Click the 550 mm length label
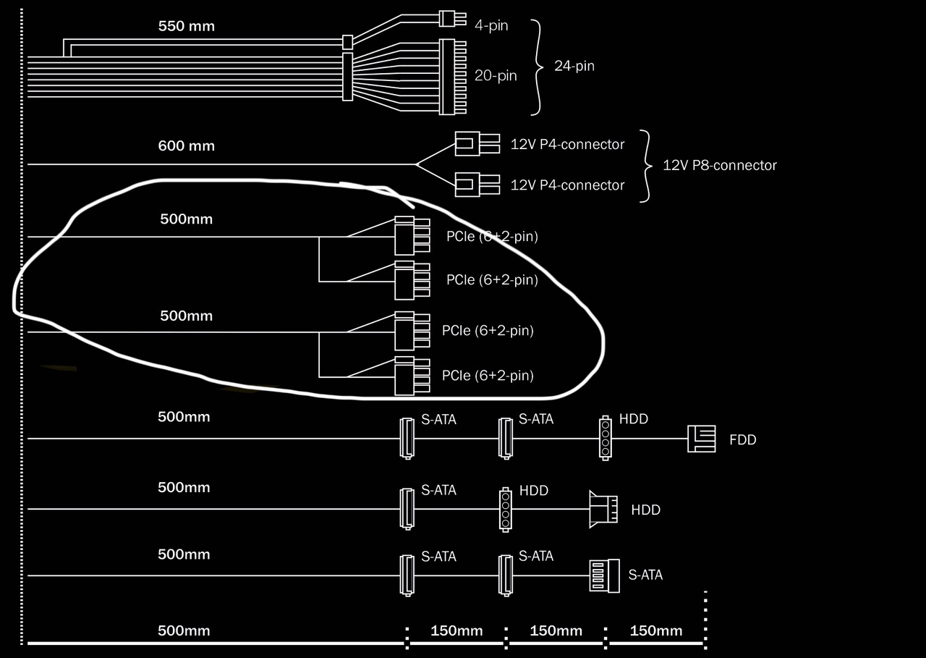(x=187, y=26)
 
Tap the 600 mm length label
(x=187, y=145)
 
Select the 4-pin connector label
(x=491, y=25)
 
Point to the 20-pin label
(x=496, y=76)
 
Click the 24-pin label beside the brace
(x=574, y=66)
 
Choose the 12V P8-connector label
(x=720, y=166)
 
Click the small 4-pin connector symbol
(x=453, y=19)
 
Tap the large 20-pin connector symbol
(x=453, y=77)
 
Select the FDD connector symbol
(x=702, y=439)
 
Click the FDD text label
(x=743, y=439)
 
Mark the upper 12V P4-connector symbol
(x=477, y=144)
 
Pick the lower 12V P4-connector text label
(x=567, y=185)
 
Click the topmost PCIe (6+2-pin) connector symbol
(x=412, y=236)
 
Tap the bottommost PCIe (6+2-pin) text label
(x=488, y=376)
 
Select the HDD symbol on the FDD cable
(x=606, y=438)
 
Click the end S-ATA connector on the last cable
(x=604, y=575)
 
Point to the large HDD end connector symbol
(x=603, y=509)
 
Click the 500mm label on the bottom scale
(x=184, y=630)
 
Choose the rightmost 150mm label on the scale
(x=656, y=630)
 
